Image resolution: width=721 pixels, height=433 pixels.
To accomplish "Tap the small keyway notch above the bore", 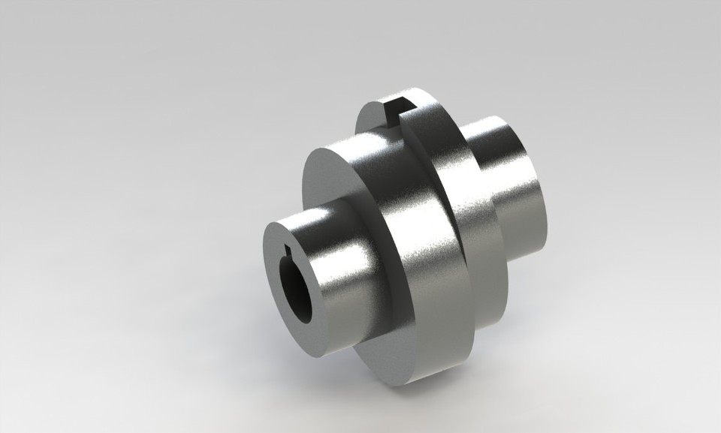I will [291, 250].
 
